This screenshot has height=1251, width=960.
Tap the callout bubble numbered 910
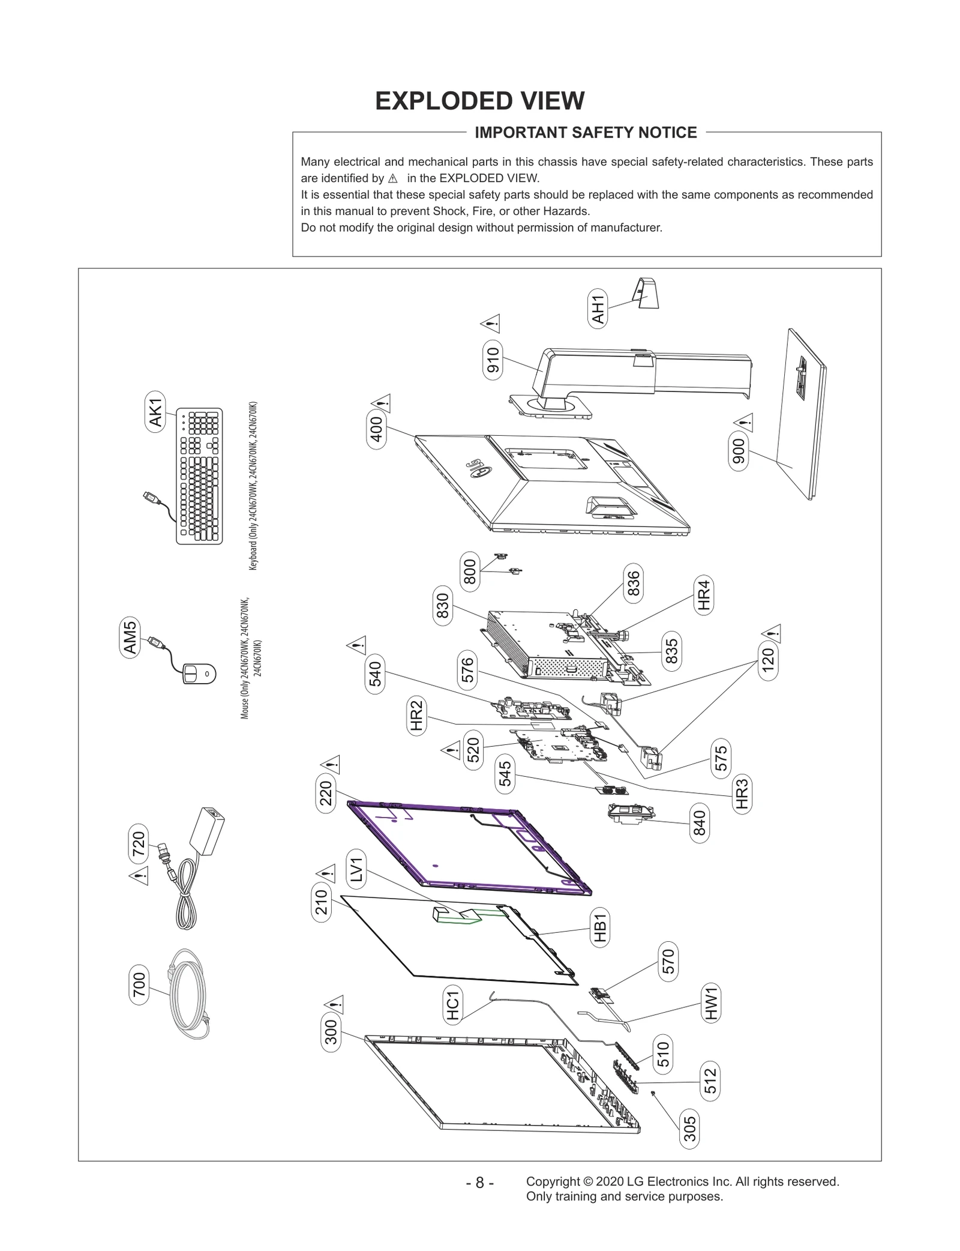point(493,360)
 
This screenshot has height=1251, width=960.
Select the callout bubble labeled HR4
point(704,594)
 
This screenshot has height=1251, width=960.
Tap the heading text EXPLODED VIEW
point(479,101)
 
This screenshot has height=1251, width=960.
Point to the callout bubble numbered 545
point(505,774)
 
